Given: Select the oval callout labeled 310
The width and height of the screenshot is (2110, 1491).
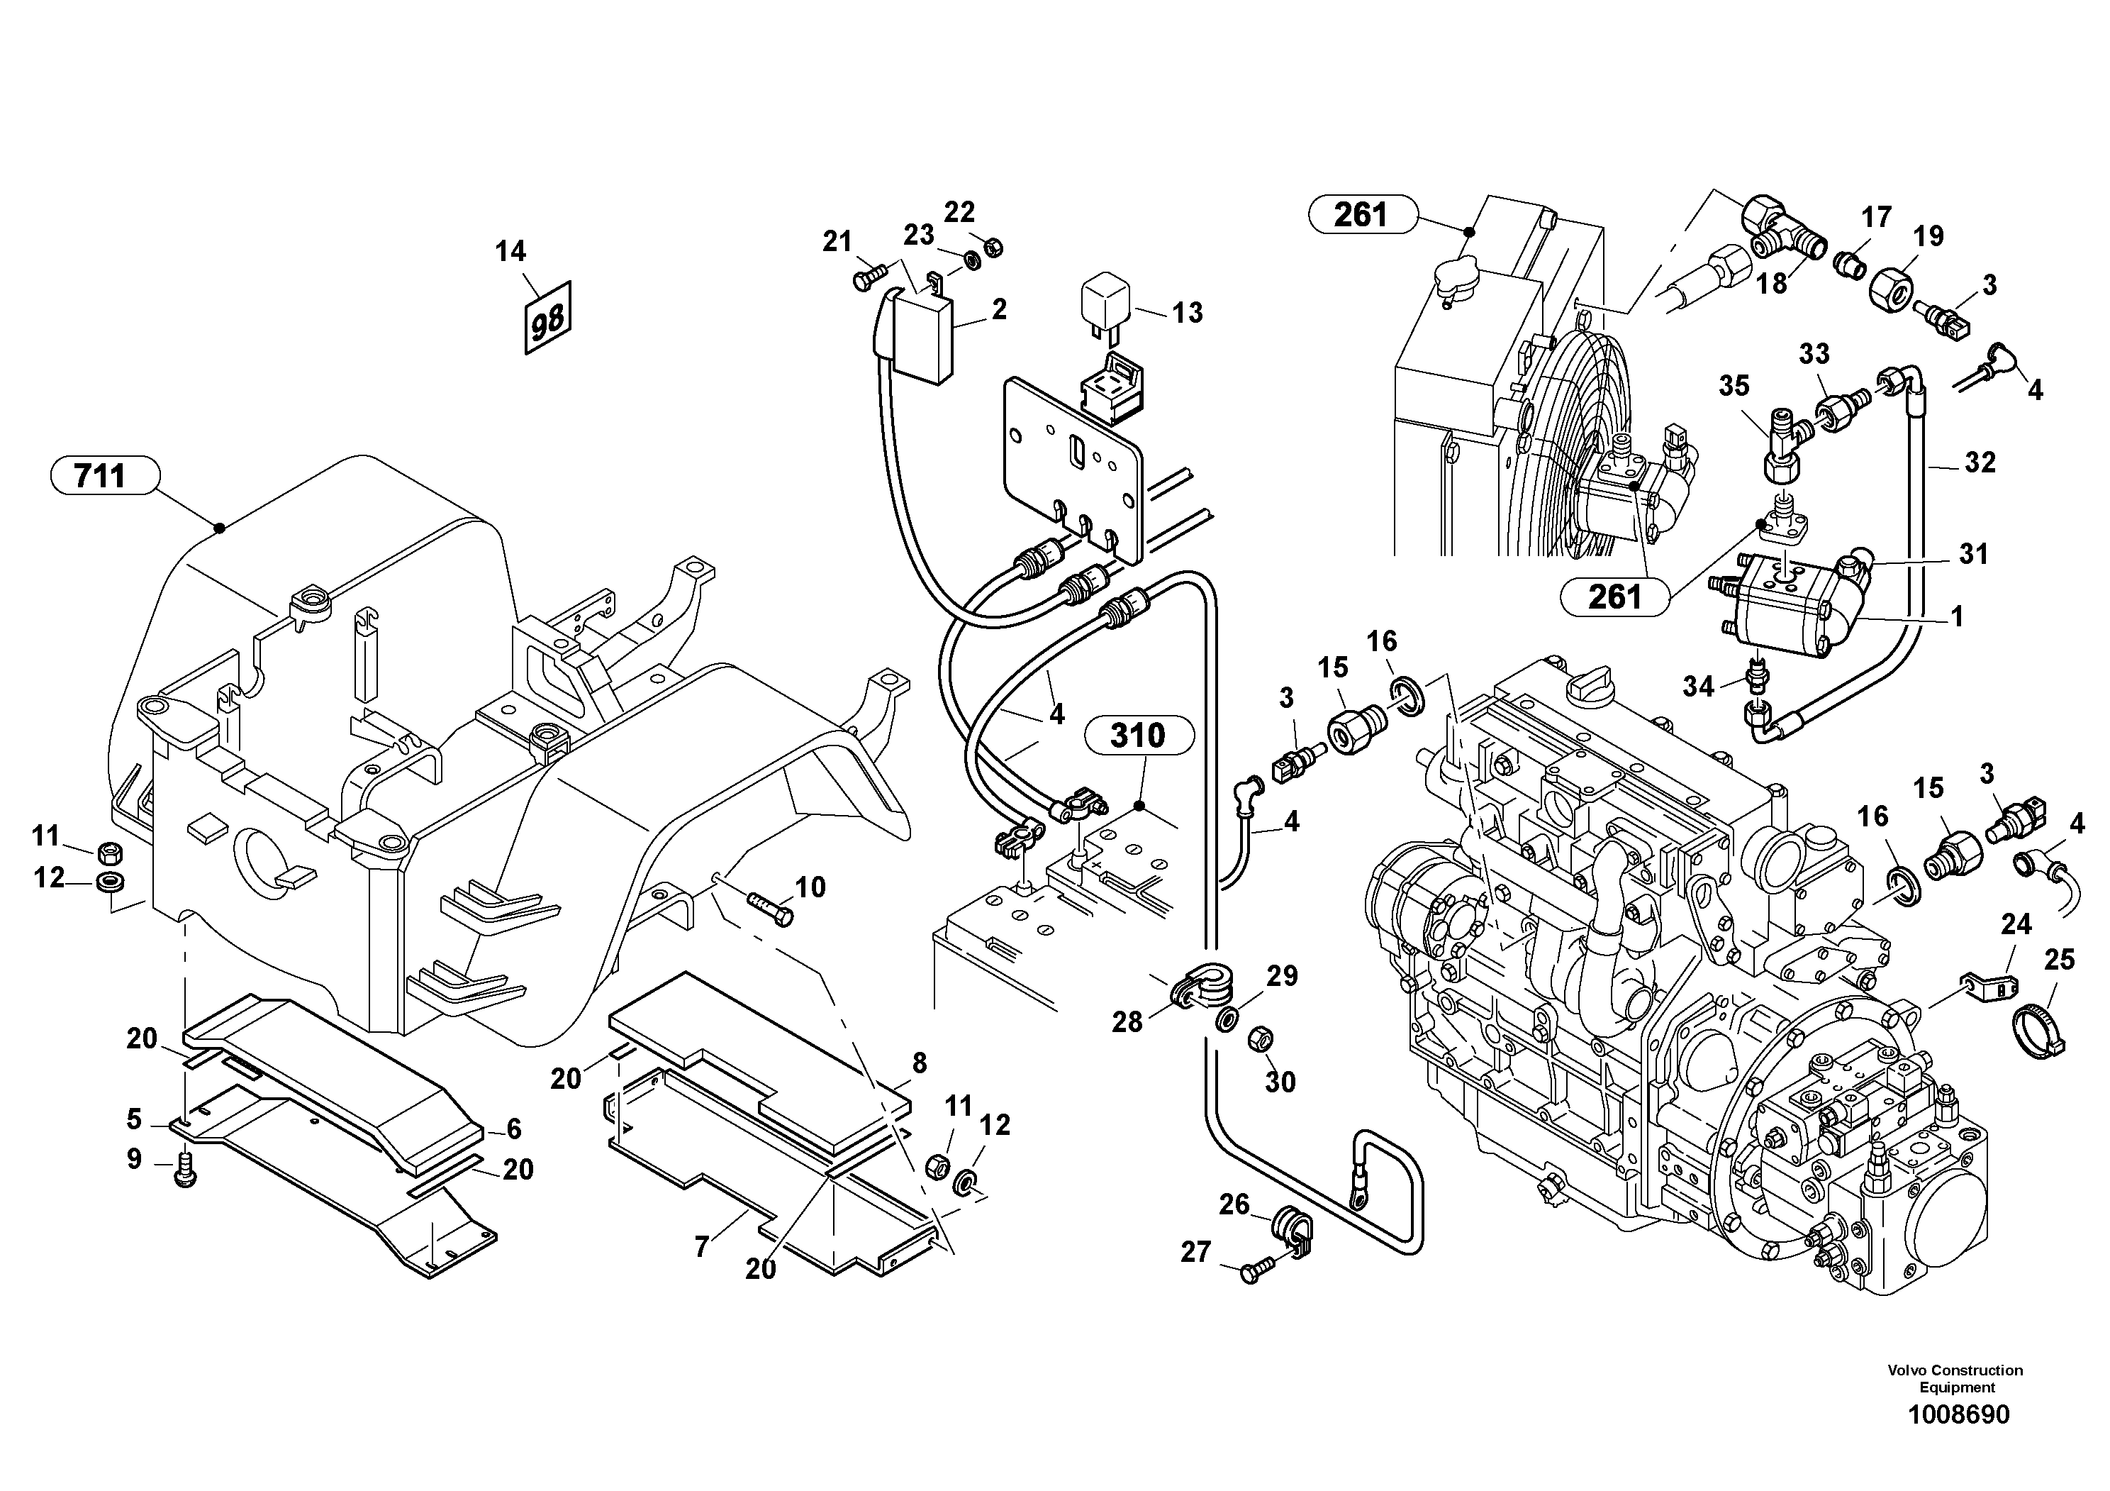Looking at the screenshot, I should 1139,736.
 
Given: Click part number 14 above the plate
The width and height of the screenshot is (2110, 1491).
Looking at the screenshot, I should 511,251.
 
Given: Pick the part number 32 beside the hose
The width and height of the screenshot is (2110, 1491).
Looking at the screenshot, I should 1980,462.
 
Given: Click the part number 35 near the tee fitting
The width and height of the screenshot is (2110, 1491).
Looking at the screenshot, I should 1734,386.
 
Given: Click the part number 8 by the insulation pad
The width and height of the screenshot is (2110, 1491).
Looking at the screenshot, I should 919,1063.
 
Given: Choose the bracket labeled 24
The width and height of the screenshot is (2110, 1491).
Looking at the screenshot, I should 1989,989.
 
